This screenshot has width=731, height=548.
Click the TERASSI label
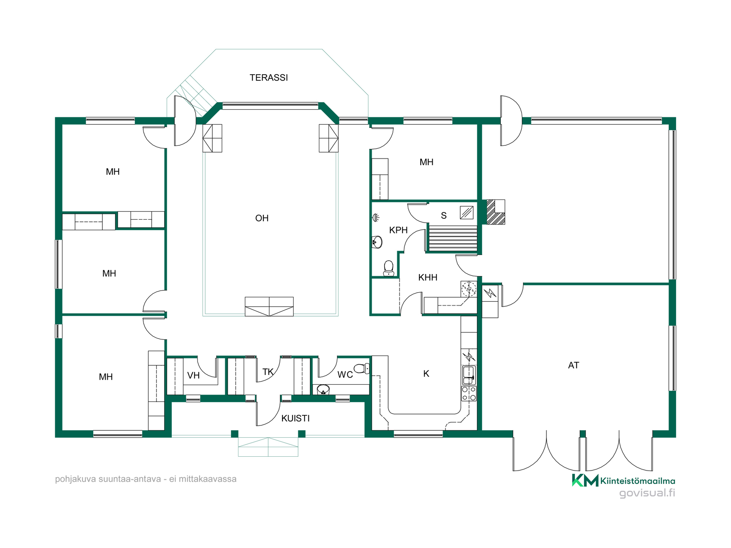click(x=268, y=78)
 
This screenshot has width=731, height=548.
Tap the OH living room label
click(x=262, y=218)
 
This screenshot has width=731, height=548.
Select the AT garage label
click(x=573, y=365)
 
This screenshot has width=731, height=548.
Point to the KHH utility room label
click(x=428, y=277)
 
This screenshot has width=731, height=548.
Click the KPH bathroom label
click(x=398, y=230)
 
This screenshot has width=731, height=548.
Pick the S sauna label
click(x=444, y=216)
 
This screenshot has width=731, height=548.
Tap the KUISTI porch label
click(x=295, y=419)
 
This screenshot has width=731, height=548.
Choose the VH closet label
click(x=193, y=376)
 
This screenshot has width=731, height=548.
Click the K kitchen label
click(x=426, y=374)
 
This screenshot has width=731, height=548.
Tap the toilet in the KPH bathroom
click(x=388, y=268)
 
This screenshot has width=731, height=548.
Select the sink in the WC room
click(x=323, y=389)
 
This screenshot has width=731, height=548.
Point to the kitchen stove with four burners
click(x=469, y=393)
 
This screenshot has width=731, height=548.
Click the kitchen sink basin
click(x=469, y=375)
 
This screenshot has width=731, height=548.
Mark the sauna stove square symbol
click(x=467, y=212)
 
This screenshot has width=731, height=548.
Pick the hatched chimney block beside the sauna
click(x=496, y=212)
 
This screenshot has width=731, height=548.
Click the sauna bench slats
click(x=452, y=238)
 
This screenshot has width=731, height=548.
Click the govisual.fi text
click(x=647, y=493)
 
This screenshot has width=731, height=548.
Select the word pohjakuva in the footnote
click(x=75, y=479)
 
